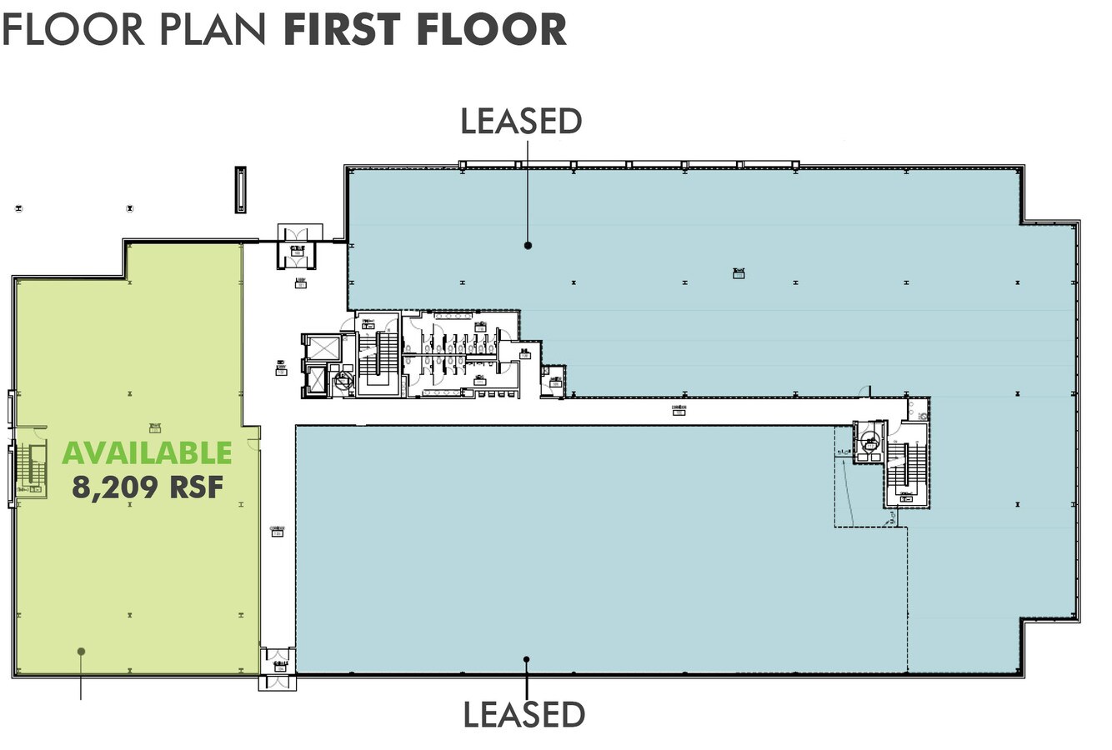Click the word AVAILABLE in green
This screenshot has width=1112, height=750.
coord(147,452)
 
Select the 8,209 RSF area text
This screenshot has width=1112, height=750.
coord(147,487)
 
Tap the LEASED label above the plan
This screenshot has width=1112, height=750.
coord(521,121)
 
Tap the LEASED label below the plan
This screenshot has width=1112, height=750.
coord(523,714)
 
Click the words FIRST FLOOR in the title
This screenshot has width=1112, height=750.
coord(425,29)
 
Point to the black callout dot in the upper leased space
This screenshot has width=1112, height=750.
coord(528,245)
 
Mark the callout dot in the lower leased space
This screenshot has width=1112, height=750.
coord(526,660)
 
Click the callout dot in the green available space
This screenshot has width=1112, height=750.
coord(81,651)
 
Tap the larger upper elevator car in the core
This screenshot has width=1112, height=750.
coord(322,347)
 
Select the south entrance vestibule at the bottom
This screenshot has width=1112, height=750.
coord(278,681)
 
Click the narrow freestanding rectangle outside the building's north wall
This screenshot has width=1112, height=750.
coord(240,189)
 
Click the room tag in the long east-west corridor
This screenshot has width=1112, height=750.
coord(679,411)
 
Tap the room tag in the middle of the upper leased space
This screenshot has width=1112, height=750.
coord(738,272)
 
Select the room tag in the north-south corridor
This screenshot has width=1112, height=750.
coord(278,531)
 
